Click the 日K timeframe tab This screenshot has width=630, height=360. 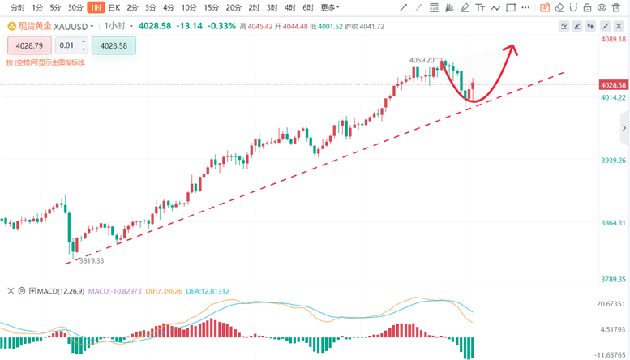tap(114, 7)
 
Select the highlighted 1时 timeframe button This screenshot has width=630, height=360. tap(95, 7)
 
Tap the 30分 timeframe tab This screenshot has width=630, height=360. tap(75, 7)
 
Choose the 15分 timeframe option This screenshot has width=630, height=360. tap(212, 7)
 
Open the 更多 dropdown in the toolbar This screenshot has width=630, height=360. tap(329, 7)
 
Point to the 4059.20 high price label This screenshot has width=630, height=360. tap(422, 60)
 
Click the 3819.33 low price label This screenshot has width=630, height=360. tap(89, 261)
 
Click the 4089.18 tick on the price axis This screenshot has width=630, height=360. tap(612, 39)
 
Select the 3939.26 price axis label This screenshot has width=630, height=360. tap(612, 161)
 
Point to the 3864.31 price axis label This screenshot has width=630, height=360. tap(612, 222)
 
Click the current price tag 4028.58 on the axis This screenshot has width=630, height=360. tap(614, 85)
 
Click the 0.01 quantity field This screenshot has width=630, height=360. tap(69, 45)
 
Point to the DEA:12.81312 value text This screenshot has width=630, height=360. tap(208, 290)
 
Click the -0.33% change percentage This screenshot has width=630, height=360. tap(221, 26)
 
